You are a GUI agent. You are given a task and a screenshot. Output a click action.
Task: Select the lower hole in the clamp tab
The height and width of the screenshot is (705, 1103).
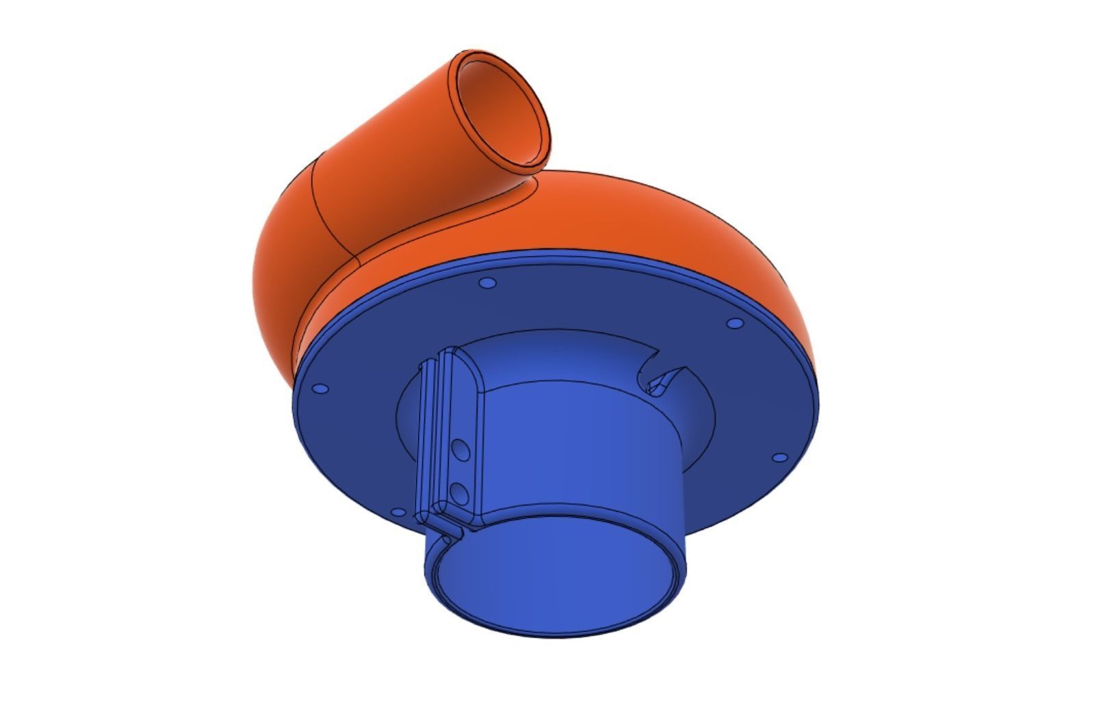tap(459, 492)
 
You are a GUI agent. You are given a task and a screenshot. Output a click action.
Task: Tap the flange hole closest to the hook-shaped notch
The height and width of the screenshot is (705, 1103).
tap(734, 323)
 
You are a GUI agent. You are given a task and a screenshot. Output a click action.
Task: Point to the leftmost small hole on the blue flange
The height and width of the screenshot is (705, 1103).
tap(320, 389)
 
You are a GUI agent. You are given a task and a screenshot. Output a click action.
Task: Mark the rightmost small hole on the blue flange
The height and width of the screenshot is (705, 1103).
tap(778, 456)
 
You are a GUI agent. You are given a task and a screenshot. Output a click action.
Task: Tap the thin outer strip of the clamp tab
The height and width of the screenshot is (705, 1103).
tap(426, 438)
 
